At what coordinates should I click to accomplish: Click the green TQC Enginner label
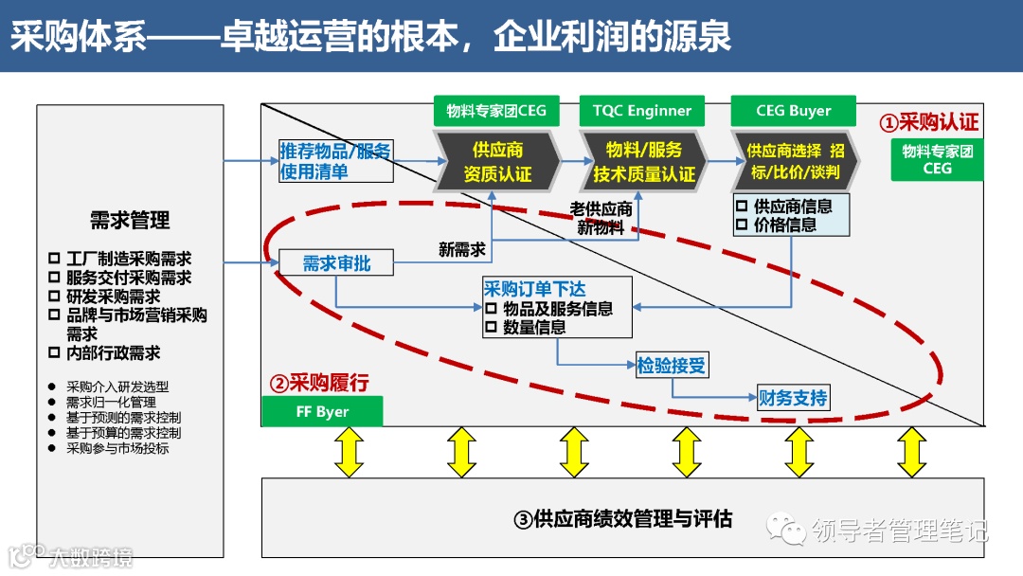tap(642, 111)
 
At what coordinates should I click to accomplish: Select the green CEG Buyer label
tap(793, 111)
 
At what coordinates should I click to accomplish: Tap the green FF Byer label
tap(322, 411)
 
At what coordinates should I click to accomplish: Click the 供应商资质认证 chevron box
tap(497, 162)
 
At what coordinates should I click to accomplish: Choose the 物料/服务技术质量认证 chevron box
tap(644, 162)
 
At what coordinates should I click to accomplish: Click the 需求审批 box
tap(336, 263)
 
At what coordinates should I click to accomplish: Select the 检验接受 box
tap(672, 365)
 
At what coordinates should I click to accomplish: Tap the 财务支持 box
tap(793, 398)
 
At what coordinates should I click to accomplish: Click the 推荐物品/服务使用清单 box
tap(335, 162)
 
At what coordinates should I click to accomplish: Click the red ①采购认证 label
tap(929, 122)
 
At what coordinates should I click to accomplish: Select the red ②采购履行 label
tap(319, 383)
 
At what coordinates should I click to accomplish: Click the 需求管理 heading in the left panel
tap(130, 221)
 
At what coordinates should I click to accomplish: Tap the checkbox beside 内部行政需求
tap(54, 352)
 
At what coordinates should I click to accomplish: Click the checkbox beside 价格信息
tap(743, 225)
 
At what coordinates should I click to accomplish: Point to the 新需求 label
tap(462, 249)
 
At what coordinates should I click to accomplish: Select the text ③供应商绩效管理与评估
tap(622, 518)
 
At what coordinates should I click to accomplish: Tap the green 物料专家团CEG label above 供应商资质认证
tap(496, 111)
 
